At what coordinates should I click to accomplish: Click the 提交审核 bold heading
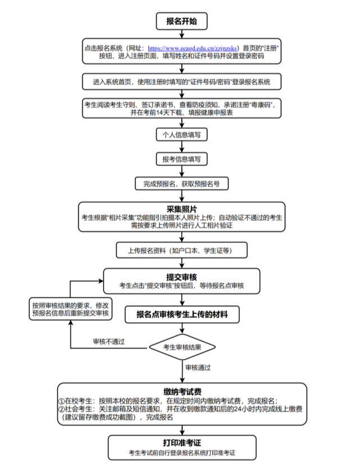(181, 276)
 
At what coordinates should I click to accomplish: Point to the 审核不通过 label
(108, 341)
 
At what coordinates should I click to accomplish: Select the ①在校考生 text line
(168, 401)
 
